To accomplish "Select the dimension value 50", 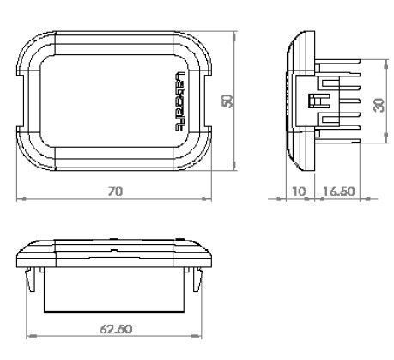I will (227, 101).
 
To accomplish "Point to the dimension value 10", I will (298, 191).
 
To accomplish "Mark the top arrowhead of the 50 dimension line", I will (234, 34).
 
